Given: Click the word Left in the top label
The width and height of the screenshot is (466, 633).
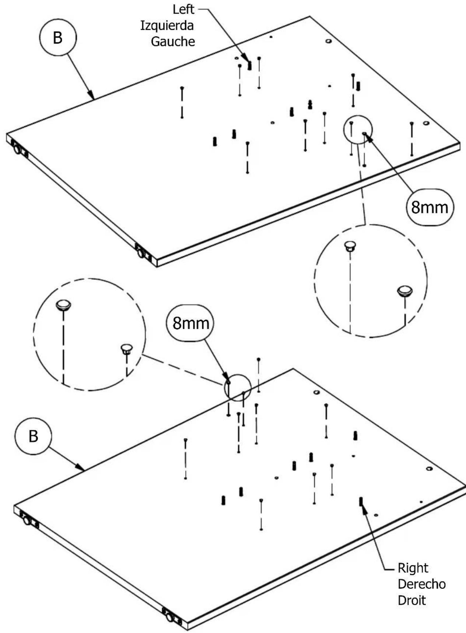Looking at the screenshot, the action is [x=183, y=10].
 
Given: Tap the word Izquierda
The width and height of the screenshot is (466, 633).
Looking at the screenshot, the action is [x=167, y=26].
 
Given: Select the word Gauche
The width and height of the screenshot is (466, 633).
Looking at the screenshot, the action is [x=173, y=42].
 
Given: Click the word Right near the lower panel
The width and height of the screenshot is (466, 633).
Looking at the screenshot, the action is [x=413, y=568].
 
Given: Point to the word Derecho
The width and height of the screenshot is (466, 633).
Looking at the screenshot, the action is [x=422, y=584].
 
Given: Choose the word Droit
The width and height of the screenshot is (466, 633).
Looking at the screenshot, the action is [x=412, y=600].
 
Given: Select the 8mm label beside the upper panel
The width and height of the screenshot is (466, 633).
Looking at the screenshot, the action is [x=430, y=207].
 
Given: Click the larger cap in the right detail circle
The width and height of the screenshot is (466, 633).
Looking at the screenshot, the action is [x=405, y=291].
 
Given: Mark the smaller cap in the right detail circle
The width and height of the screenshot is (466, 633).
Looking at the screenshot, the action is [x=350, y=246].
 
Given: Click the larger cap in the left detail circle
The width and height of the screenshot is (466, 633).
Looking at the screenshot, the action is [x=63, y=305].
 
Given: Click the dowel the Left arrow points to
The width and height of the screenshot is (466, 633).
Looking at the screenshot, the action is [x=249, y=66].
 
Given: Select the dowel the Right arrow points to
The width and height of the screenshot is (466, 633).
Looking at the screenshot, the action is [x=361, y=501].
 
